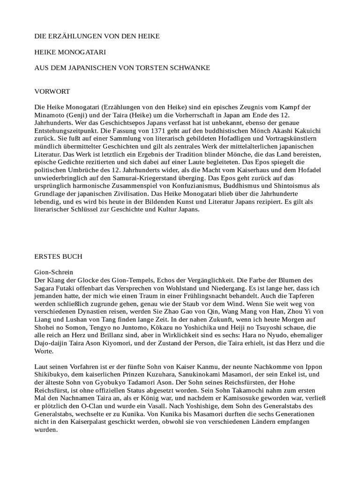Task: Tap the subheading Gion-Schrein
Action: pyautogui.click(x=54, y=272)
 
